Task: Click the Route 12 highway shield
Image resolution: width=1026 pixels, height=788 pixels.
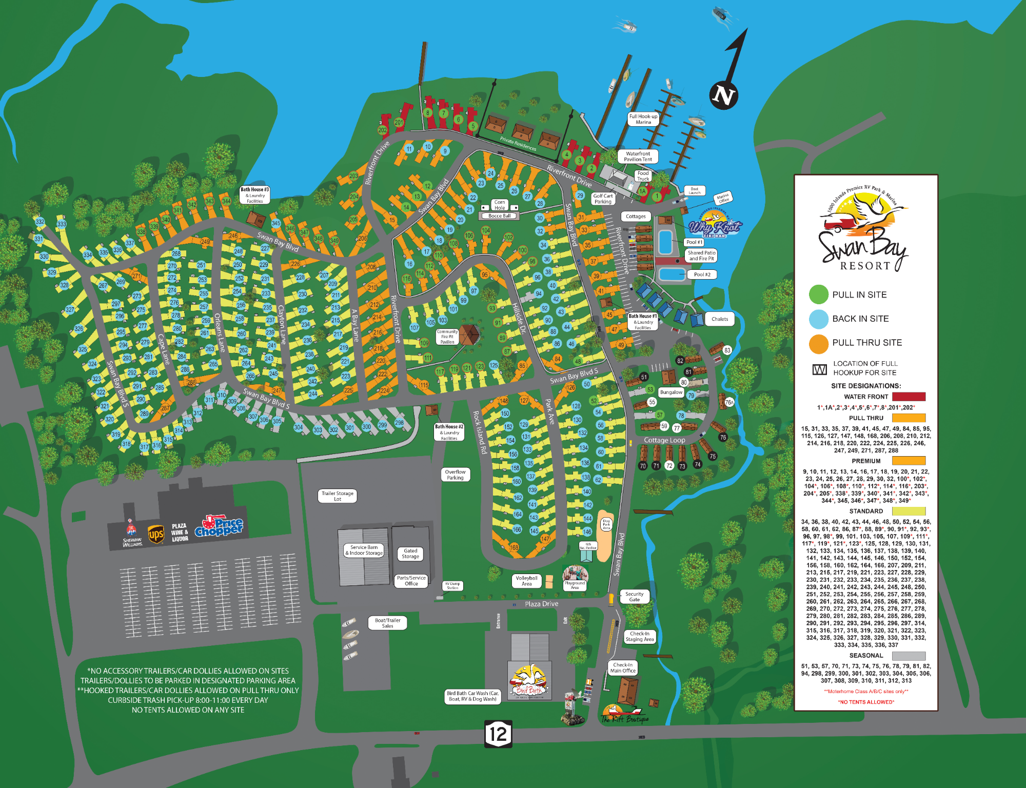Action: pos(498,734)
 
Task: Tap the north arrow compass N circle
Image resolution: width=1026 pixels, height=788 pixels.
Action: pos(723,95)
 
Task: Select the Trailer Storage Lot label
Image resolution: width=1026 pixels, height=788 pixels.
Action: pos(337,496)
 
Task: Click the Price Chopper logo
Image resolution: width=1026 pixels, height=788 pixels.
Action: pos(220,526)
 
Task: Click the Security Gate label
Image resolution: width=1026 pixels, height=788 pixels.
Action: pos(635,597)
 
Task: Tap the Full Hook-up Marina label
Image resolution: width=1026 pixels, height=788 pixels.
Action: pos(643,119)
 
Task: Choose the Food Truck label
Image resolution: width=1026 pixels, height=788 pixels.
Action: pos(643,176)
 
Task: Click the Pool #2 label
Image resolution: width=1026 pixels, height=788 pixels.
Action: pos(702,274)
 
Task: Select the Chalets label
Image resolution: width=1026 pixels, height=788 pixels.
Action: pos(719,319)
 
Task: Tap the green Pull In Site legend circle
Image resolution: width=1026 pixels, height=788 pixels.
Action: pos(818,294)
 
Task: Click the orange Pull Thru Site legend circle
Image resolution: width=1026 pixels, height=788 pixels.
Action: pos(818,343)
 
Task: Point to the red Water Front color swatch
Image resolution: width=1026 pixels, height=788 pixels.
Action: pos(909,397)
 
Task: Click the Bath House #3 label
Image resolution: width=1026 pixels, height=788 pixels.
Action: pos(254,195)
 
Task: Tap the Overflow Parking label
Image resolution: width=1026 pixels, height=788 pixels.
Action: pos(455,475)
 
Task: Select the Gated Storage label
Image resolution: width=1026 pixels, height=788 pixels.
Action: pos(410,553)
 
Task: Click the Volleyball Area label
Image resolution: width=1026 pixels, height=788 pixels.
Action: pos(526,581)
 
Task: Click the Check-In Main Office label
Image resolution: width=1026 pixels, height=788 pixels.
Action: pos(623,667)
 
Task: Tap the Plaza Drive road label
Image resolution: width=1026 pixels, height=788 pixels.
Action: pos(541,604)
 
